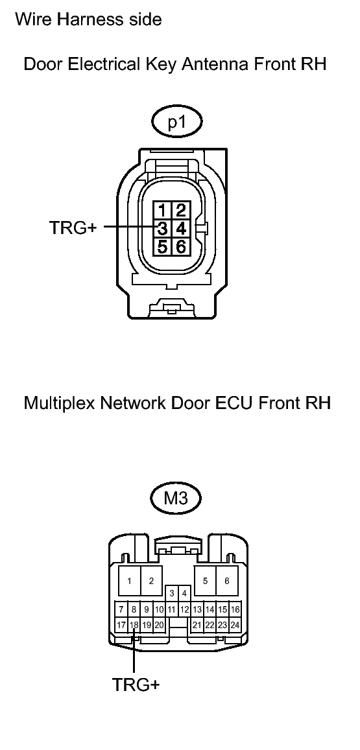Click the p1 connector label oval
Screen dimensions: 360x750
point(176,123)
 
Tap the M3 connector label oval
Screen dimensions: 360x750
point(176,499)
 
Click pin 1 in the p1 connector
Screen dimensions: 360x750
point(163,211)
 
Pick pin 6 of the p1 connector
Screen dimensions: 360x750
point(180,246)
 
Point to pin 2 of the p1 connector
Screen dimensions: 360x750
point(180,211)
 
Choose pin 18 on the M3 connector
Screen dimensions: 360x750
point(134,625)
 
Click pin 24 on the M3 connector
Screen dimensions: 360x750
point(235,625)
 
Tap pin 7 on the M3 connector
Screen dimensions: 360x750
point(121,609)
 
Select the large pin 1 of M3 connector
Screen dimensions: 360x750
point(129,581)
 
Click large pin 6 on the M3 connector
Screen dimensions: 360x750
point(227,581)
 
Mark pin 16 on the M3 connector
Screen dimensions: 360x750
point(235,609)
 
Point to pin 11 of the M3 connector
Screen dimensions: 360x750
point(172,609)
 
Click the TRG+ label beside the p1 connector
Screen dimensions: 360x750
point(73,228)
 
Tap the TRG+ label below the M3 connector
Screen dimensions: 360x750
point(136,685)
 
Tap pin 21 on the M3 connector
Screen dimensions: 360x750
point(197,625)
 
